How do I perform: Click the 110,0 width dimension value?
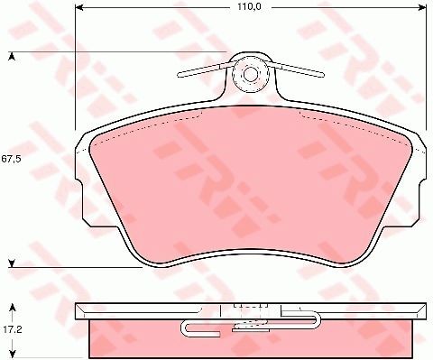tap(249, 7)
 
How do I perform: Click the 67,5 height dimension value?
tap(11, 160)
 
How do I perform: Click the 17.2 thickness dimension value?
tap(13, 330)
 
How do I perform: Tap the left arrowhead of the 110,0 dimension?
tap(79, 7)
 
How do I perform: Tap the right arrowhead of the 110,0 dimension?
tap(422, 7)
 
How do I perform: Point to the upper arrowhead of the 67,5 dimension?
tap(12, 56)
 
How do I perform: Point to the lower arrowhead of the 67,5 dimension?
tap(12, 263)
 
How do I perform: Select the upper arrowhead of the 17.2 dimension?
tap(13, 308)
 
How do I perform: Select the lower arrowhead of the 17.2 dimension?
tap(13, 352)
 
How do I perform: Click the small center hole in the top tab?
tap(250, 74)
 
